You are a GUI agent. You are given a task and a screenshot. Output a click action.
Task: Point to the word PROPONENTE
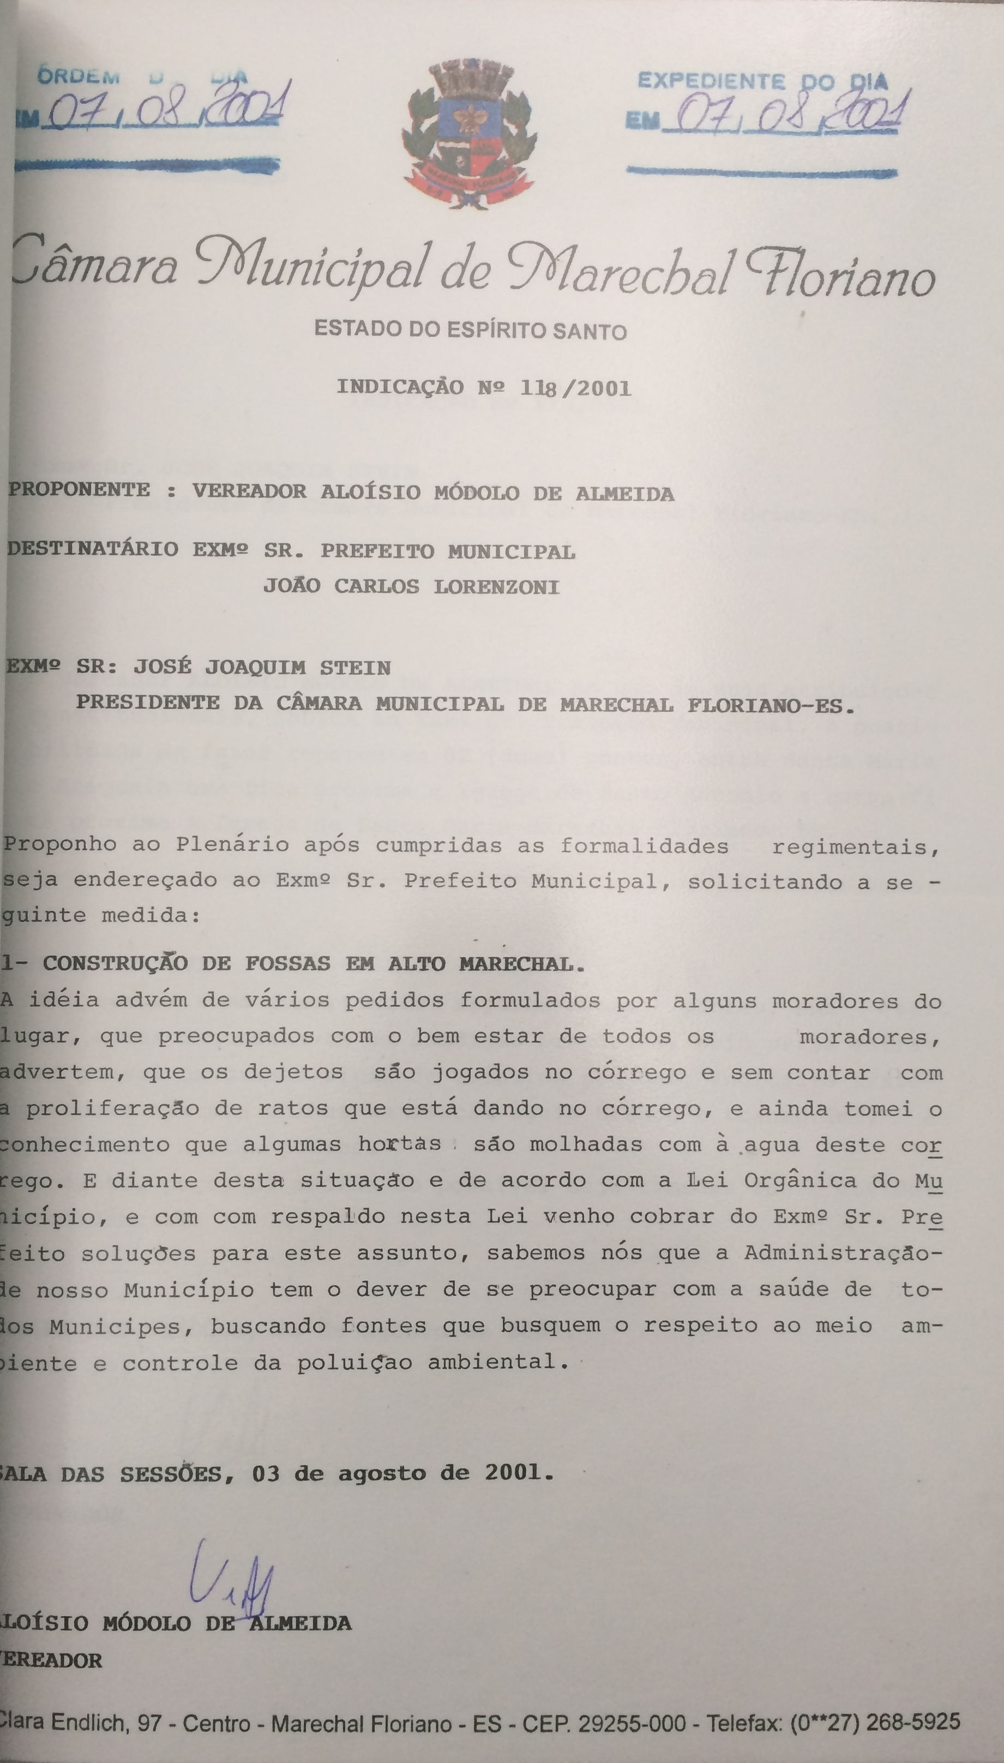[x=79, y=490]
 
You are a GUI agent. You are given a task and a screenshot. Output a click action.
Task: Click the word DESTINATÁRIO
[x=93, y=549]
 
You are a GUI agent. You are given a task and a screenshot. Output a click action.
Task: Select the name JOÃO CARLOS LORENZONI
[x=411, y=586]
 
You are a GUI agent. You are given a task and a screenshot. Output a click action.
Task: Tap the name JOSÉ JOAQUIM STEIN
[x=262, y=667]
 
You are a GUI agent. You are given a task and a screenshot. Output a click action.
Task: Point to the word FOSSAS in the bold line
[x=287, y=963]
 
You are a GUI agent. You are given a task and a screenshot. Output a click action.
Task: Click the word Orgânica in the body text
[x=800, y=1180]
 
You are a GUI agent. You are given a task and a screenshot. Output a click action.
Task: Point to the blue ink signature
[x=231, y=1573]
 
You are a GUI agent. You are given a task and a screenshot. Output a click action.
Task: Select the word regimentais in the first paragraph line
[x=855, y=847]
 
